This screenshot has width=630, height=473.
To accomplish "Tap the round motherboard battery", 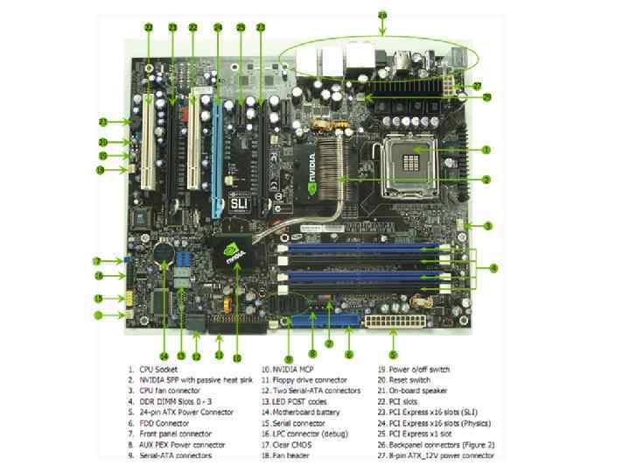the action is point(164,251).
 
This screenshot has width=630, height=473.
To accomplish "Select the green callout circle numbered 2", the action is point(485,180).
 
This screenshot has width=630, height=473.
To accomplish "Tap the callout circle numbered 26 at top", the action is point(381,15).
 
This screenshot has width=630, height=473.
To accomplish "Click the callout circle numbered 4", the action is point(493,266).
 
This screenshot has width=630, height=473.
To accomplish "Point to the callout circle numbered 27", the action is point(476,85).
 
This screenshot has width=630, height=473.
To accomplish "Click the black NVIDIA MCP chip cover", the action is point(234,253).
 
